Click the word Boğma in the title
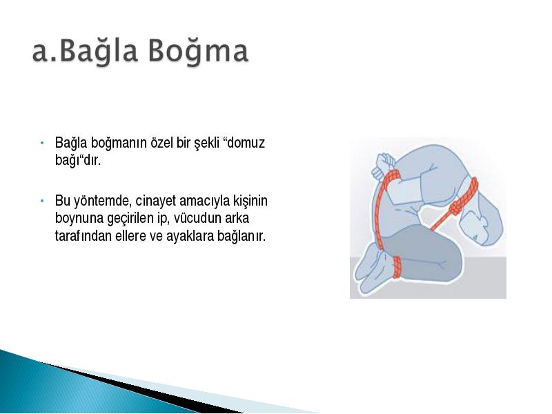click(198, 50)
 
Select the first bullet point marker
click(42, 143)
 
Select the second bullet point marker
click(42, 201)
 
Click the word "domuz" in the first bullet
click(244, 143)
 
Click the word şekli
click(206, 144)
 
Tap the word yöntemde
click(103, 201)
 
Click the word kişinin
click(250, 201)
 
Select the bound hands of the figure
click(382, 164)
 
